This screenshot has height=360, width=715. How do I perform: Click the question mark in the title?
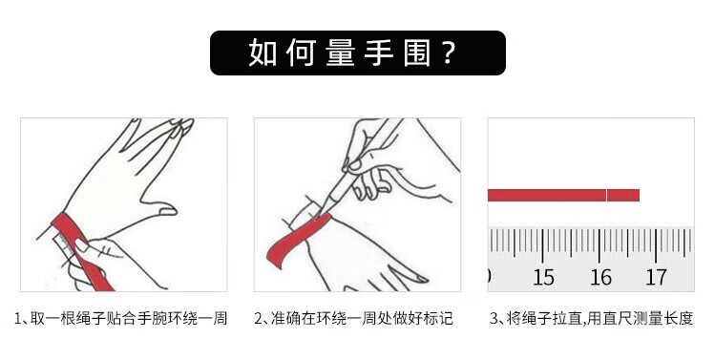pos(449,53)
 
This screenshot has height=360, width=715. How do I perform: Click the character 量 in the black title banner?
pos(341,53)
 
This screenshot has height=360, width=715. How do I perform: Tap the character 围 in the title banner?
pos(417,53)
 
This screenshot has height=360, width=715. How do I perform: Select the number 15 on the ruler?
pos(543,277)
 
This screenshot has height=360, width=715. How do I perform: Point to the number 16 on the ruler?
pos(600,277)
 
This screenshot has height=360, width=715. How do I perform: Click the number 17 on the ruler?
pos(656,277)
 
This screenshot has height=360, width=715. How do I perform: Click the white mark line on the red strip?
pos(606,196)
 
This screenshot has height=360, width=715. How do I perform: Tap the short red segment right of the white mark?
pos(623,196)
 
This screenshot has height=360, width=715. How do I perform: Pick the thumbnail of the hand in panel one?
pos(166,211)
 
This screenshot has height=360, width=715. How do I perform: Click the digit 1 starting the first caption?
pos(18,318)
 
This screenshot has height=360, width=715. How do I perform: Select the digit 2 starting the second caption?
pos(258,318)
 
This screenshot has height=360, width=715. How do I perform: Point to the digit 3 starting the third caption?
pos(494,318)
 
